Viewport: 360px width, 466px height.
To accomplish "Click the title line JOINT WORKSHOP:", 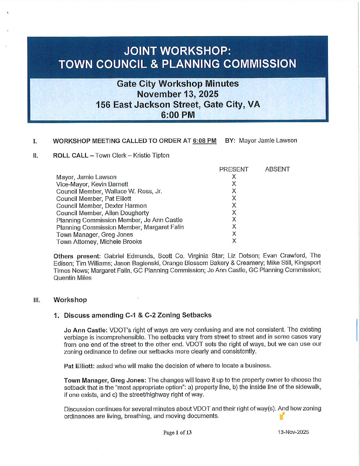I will [x=177, y=51].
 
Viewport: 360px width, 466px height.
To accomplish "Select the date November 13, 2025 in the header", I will [x=177, y=94].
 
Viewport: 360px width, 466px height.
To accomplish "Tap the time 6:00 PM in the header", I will [x=178, y=115].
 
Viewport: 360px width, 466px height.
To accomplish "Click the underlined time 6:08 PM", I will [x=204, y=141].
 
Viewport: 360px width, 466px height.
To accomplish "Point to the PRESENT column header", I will [x=234, y=169].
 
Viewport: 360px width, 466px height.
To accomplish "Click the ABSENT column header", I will [x=277, y=169].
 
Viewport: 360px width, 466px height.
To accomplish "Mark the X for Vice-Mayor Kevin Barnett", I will [x=234, y=184].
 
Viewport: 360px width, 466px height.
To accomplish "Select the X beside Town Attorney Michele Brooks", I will [x=234, y=241].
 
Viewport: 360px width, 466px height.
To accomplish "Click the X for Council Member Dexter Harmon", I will [x=234, y=206].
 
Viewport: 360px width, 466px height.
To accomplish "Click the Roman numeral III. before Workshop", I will [x=37, y=300].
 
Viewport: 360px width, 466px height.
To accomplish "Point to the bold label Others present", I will [x=76, y=256].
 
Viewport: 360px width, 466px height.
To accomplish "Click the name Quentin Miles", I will [x=72, y=278].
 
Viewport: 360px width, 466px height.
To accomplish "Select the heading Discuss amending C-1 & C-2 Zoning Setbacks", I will [x=138, y=315].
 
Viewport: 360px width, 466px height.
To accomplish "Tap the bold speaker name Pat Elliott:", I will [x=79, y=366].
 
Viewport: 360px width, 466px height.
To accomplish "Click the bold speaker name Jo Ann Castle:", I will [x=85, y=330].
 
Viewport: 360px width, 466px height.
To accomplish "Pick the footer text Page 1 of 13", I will [x=177, y=433].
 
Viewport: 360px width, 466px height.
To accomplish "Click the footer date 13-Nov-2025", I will [x=293, y=432].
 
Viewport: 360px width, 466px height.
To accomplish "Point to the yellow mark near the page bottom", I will [x=282, y=417].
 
